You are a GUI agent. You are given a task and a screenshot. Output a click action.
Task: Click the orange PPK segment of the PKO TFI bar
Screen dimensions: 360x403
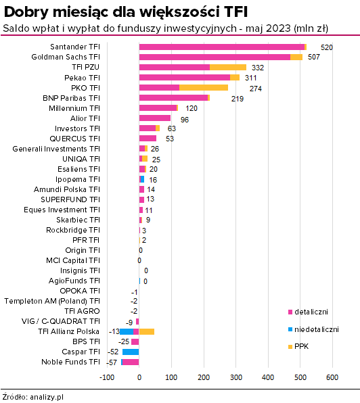click(x=204, y=88)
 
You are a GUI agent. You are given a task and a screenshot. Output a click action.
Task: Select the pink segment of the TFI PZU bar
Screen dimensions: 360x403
click(x=175, y=68)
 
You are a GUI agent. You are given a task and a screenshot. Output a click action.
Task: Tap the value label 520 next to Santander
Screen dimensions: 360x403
click(x=327, y=47)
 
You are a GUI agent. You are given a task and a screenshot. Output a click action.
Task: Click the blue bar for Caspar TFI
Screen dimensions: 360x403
click(x=131, y=352)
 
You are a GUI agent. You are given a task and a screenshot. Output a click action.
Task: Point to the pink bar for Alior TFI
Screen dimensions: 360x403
click(x=155, y=118)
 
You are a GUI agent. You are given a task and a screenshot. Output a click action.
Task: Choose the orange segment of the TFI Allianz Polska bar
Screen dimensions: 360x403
click(x=147, y=331)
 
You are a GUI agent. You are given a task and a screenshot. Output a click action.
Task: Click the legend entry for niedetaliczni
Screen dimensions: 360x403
click(x=313, y=329)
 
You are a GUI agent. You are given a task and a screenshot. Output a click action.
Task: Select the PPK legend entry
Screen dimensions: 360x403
click(x=298, y=346)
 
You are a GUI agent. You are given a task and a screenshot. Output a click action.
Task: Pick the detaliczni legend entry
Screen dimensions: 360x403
click(x=308, y=312)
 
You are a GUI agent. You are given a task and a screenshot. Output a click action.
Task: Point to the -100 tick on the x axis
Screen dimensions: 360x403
click(x=107, y=377)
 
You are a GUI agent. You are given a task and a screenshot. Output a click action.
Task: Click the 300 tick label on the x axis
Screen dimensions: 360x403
click(x=235, y=377)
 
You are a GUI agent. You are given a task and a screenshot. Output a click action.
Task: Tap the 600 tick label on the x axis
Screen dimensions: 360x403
click(x=332, y=377)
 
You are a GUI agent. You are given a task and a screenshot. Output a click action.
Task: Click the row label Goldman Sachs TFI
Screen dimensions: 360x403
click(x=66, y=57)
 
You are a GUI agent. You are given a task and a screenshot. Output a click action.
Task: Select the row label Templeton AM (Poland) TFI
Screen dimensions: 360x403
click(x=52, y=301)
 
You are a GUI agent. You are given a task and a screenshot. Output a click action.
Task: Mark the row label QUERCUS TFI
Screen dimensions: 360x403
click(x=74, y=139)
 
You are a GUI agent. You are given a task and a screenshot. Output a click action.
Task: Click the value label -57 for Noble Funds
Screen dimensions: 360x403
click(x=112, y=362)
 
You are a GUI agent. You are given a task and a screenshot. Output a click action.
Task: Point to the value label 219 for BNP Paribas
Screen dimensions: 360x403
click(x=238, y=99)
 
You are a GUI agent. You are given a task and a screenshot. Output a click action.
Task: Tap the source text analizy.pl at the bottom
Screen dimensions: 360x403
click(x=47, y=397)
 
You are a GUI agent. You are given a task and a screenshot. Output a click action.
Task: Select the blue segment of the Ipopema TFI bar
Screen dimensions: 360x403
click(x=142, y=179)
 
